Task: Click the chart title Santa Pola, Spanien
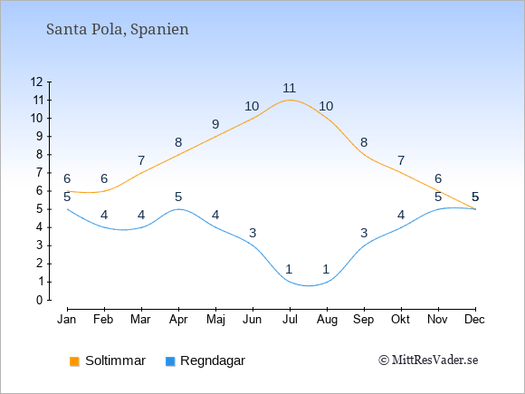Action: click(x=118, y=30)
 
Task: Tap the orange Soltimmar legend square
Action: click(x=74, y=361)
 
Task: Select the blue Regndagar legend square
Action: click(x=170, y=361)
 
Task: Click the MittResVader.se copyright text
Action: click(x=428, y=360)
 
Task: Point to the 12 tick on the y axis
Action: click(x=36, y=82)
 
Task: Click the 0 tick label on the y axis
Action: click(x=40, y=300)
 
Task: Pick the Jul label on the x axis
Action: click(x=290, y=320)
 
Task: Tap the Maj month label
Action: click(x=215, y=320)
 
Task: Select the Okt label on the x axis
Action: click(x=400, y=320)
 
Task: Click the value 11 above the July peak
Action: click(x=290, y=88)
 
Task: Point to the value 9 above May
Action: click(x=215, y=124)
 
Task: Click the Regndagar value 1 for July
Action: click(x=290, y=269)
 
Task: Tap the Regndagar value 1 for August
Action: click(x=327, y=269)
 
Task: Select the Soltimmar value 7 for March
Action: click(x=141, y=160)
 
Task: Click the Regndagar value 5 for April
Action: click(x=178, y=197)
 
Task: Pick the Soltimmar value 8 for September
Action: click(x=364, y=142)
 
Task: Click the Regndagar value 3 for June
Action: click(x=253, y=233)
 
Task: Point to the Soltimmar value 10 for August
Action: click(x=326, y=106)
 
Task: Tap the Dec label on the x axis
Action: click(x=474, y=320)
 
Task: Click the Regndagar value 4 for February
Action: click(x=104, y=215)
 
